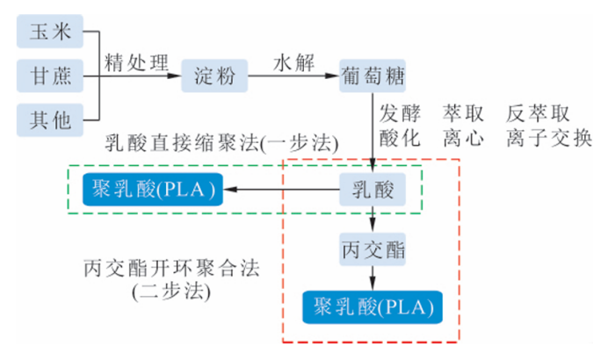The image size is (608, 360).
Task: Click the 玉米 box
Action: [x=50, y=32]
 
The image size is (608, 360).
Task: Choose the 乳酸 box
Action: [x=374, y=188]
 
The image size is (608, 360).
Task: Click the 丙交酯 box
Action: [x=374, y=248]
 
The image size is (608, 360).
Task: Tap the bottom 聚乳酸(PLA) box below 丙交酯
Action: [x=373, y=306]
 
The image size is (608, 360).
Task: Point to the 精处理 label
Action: [x=136, y=62]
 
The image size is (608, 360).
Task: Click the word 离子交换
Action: [x=549, y=139]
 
